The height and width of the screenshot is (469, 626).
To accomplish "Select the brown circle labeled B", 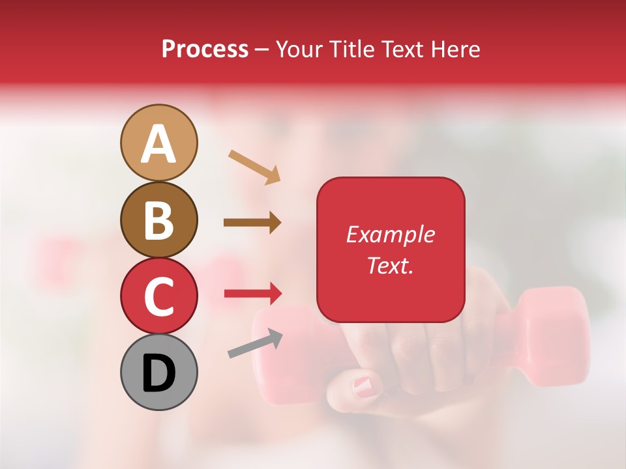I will tap(158, 220).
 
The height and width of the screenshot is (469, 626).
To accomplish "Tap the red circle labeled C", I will tap(158, 296).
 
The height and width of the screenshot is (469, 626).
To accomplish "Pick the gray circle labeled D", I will tap(158, 372).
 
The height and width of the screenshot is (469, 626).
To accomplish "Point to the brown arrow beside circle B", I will tap(252, 223).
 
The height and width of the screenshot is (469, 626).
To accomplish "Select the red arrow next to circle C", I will tap(252, 294).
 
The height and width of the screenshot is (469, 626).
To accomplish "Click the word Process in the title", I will tap(205, 50).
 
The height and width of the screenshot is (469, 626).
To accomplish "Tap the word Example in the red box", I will tap(390, 234).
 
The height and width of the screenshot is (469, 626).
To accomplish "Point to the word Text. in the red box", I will tap(390, 265).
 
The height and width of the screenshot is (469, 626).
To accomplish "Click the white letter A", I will tap(158, 143).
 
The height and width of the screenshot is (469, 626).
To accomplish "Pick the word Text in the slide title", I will tap(400, 50).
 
